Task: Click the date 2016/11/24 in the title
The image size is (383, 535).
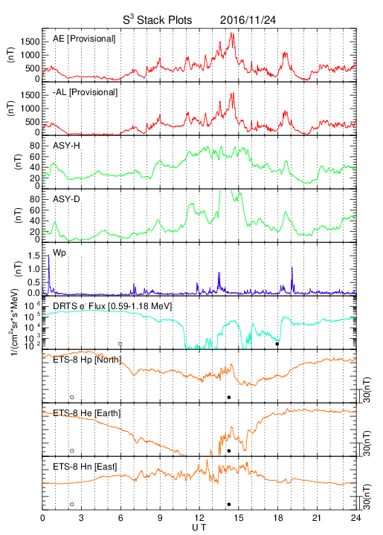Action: pos(248,20)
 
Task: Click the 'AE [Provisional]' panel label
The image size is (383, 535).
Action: pos(84,39)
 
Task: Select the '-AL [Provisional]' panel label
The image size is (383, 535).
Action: pos(85,92)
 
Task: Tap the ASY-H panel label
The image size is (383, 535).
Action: pos(66,146)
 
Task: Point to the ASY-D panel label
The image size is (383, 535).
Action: pos(66,199)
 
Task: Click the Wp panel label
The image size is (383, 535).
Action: pos(59,253)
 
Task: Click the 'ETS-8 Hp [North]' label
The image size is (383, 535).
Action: pos(87,360)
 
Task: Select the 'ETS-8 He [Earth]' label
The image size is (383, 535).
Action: pos(87,413)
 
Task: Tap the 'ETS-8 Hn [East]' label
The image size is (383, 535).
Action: pos(85,467)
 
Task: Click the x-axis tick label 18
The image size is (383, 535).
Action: pos(278,518)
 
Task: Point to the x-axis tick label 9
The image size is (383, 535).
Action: pos(160,518)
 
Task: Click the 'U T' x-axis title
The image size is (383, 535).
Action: pos(199,528)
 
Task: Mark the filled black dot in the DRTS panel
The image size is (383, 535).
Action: pos(277,344)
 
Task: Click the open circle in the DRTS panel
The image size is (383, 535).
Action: pos(120,344)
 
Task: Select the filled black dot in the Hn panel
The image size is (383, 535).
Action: pos(229,505)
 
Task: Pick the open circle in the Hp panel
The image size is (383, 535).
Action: pos(71,397)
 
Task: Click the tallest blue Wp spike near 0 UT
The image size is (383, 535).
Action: pos(48,256)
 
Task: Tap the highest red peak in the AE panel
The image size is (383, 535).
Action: pos(232,33)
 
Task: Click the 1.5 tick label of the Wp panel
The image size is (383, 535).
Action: pos(33,256)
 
